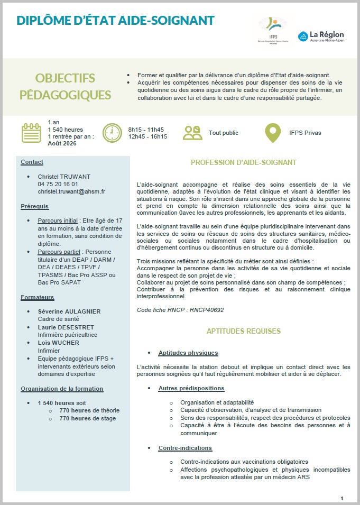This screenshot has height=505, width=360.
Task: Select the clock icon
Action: point(112,133)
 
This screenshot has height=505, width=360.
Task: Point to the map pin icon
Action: point(273,133)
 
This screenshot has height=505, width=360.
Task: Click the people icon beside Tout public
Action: point(192,132)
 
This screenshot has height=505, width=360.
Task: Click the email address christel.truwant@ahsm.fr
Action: point(71,191)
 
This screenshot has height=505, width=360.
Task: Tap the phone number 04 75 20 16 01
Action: point(58,183)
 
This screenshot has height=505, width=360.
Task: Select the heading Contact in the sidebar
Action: point(32,162)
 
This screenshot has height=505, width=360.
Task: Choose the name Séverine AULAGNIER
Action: point(69,311)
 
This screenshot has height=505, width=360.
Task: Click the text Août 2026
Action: point(62,143)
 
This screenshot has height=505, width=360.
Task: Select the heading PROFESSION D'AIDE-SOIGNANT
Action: point(243,162)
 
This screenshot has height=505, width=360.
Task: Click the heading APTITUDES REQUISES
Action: point(243,332)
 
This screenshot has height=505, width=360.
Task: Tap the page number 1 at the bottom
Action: point(342,498)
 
